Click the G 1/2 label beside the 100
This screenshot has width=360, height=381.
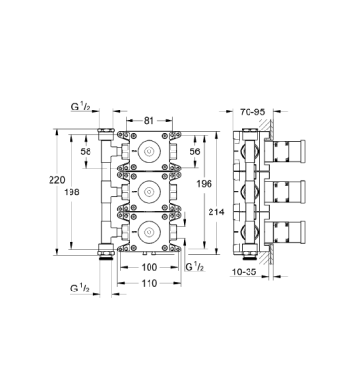tap(193, 268)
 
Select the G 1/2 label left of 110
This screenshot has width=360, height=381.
tap(82, 287)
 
